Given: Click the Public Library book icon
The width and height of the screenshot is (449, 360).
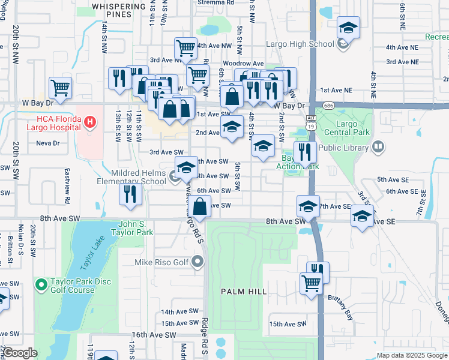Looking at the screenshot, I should click(x=378, y=146).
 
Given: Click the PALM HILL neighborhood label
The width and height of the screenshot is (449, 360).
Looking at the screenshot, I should click(x=244, y=292).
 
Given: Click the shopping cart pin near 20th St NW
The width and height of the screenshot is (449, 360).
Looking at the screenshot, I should click(x=61, y=88).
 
